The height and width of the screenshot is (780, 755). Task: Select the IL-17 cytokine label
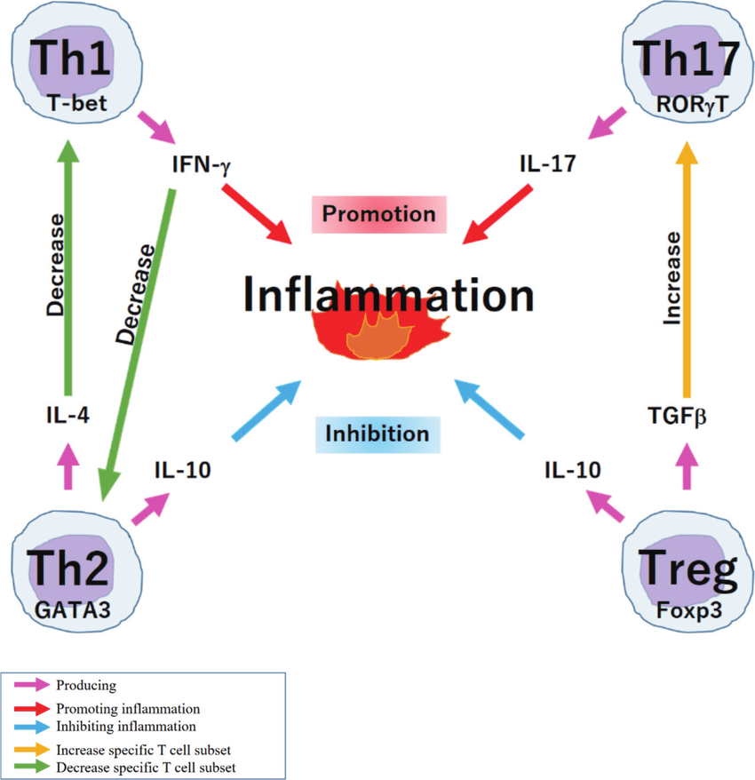(x=548, y=164)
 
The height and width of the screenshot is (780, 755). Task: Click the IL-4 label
(x=68, y=414)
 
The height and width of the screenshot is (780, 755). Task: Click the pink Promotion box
(x=378, y=214)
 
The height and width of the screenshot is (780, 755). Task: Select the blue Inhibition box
(x=377, y=434)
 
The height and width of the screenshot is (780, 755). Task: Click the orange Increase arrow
(x=686, y=267)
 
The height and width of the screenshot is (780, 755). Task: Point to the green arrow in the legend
(x=33, y=766)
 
